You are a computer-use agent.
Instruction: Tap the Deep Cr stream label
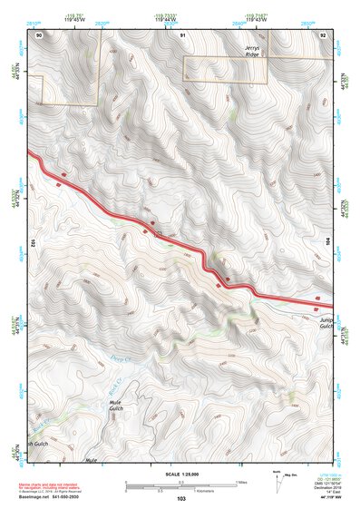tap(122, 360)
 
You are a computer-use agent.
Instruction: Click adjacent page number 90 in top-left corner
tap(39, 34)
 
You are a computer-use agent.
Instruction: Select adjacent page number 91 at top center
tap(183, 34)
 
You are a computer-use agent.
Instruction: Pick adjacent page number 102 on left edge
tap(32, 243)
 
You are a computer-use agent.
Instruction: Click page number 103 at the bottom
tap(181, 499)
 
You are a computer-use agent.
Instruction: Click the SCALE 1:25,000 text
tap(181, 474)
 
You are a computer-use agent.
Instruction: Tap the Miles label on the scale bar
tap(240, 481)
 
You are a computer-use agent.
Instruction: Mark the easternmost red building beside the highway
tap(318, 298)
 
